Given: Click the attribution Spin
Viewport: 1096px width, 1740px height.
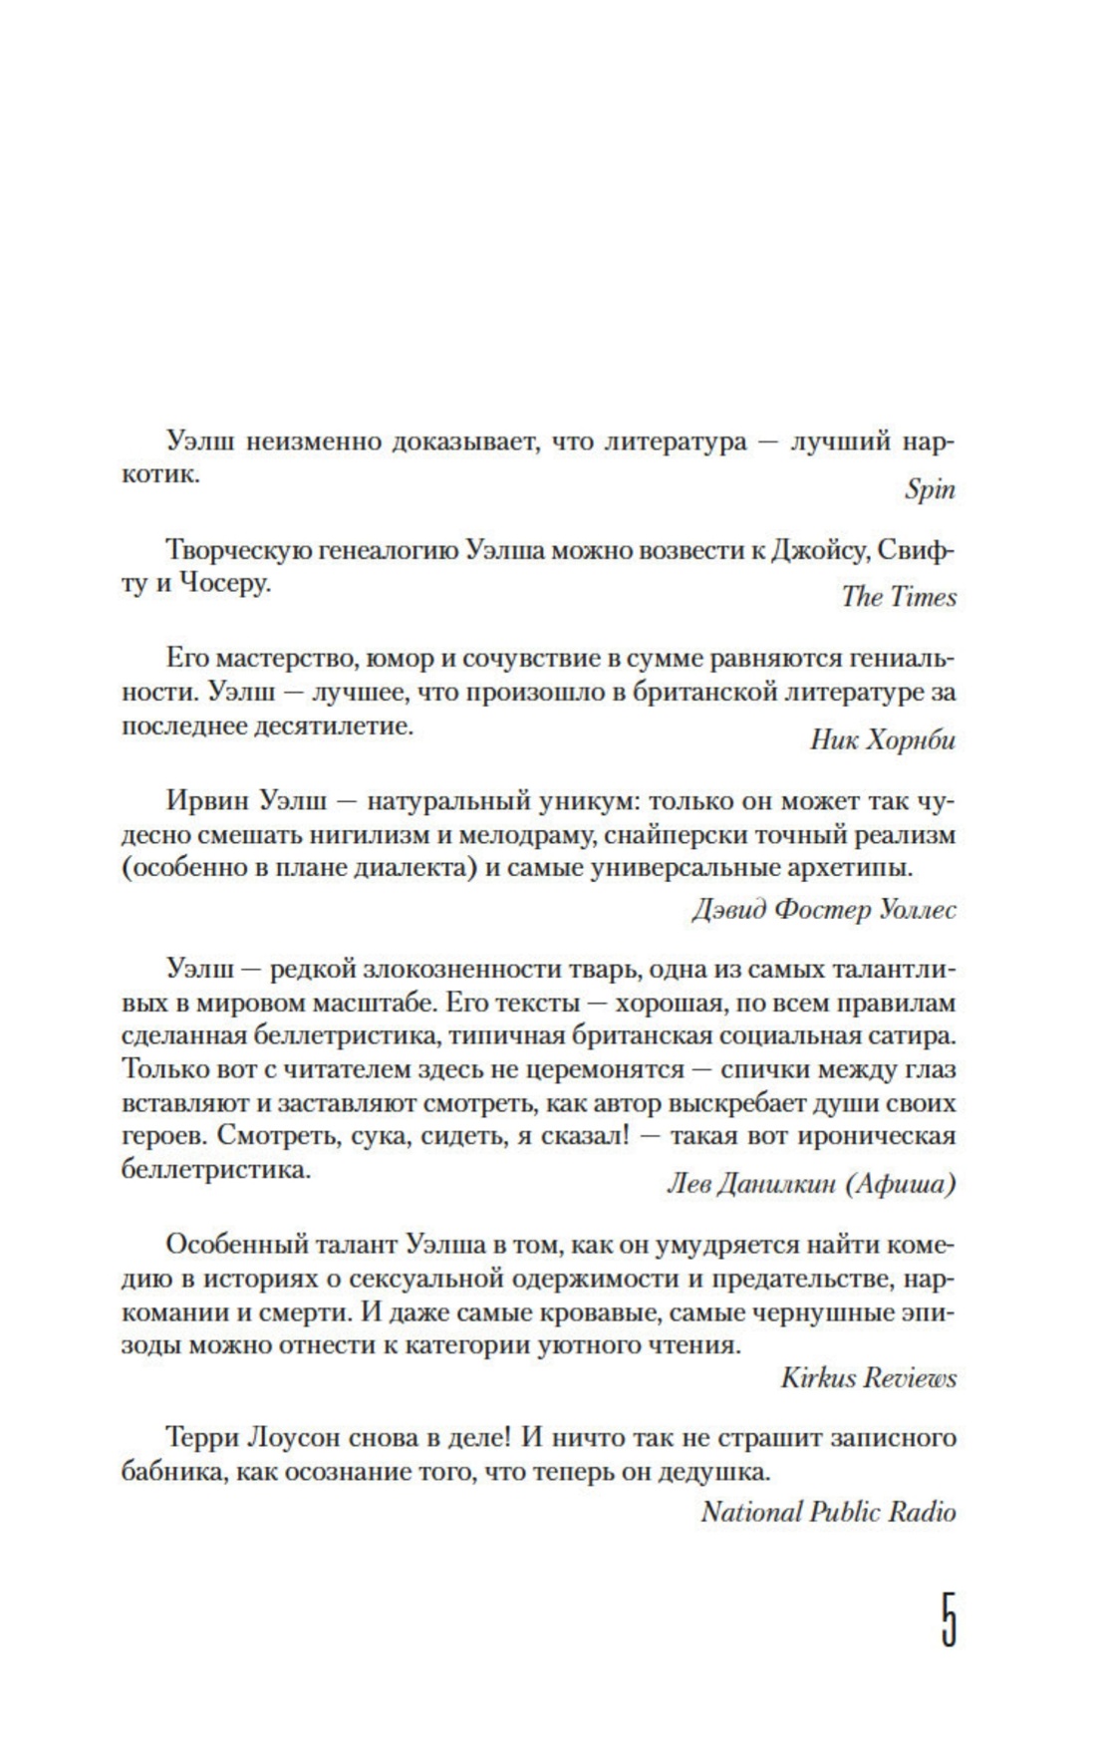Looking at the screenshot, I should tap(930, 489).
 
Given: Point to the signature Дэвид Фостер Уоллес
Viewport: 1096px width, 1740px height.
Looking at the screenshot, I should tap(823, 910).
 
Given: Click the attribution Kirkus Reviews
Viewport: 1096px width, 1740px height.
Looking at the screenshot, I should tap(868, 1378).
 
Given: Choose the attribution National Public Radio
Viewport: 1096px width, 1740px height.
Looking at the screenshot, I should tap(828, 1512).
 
